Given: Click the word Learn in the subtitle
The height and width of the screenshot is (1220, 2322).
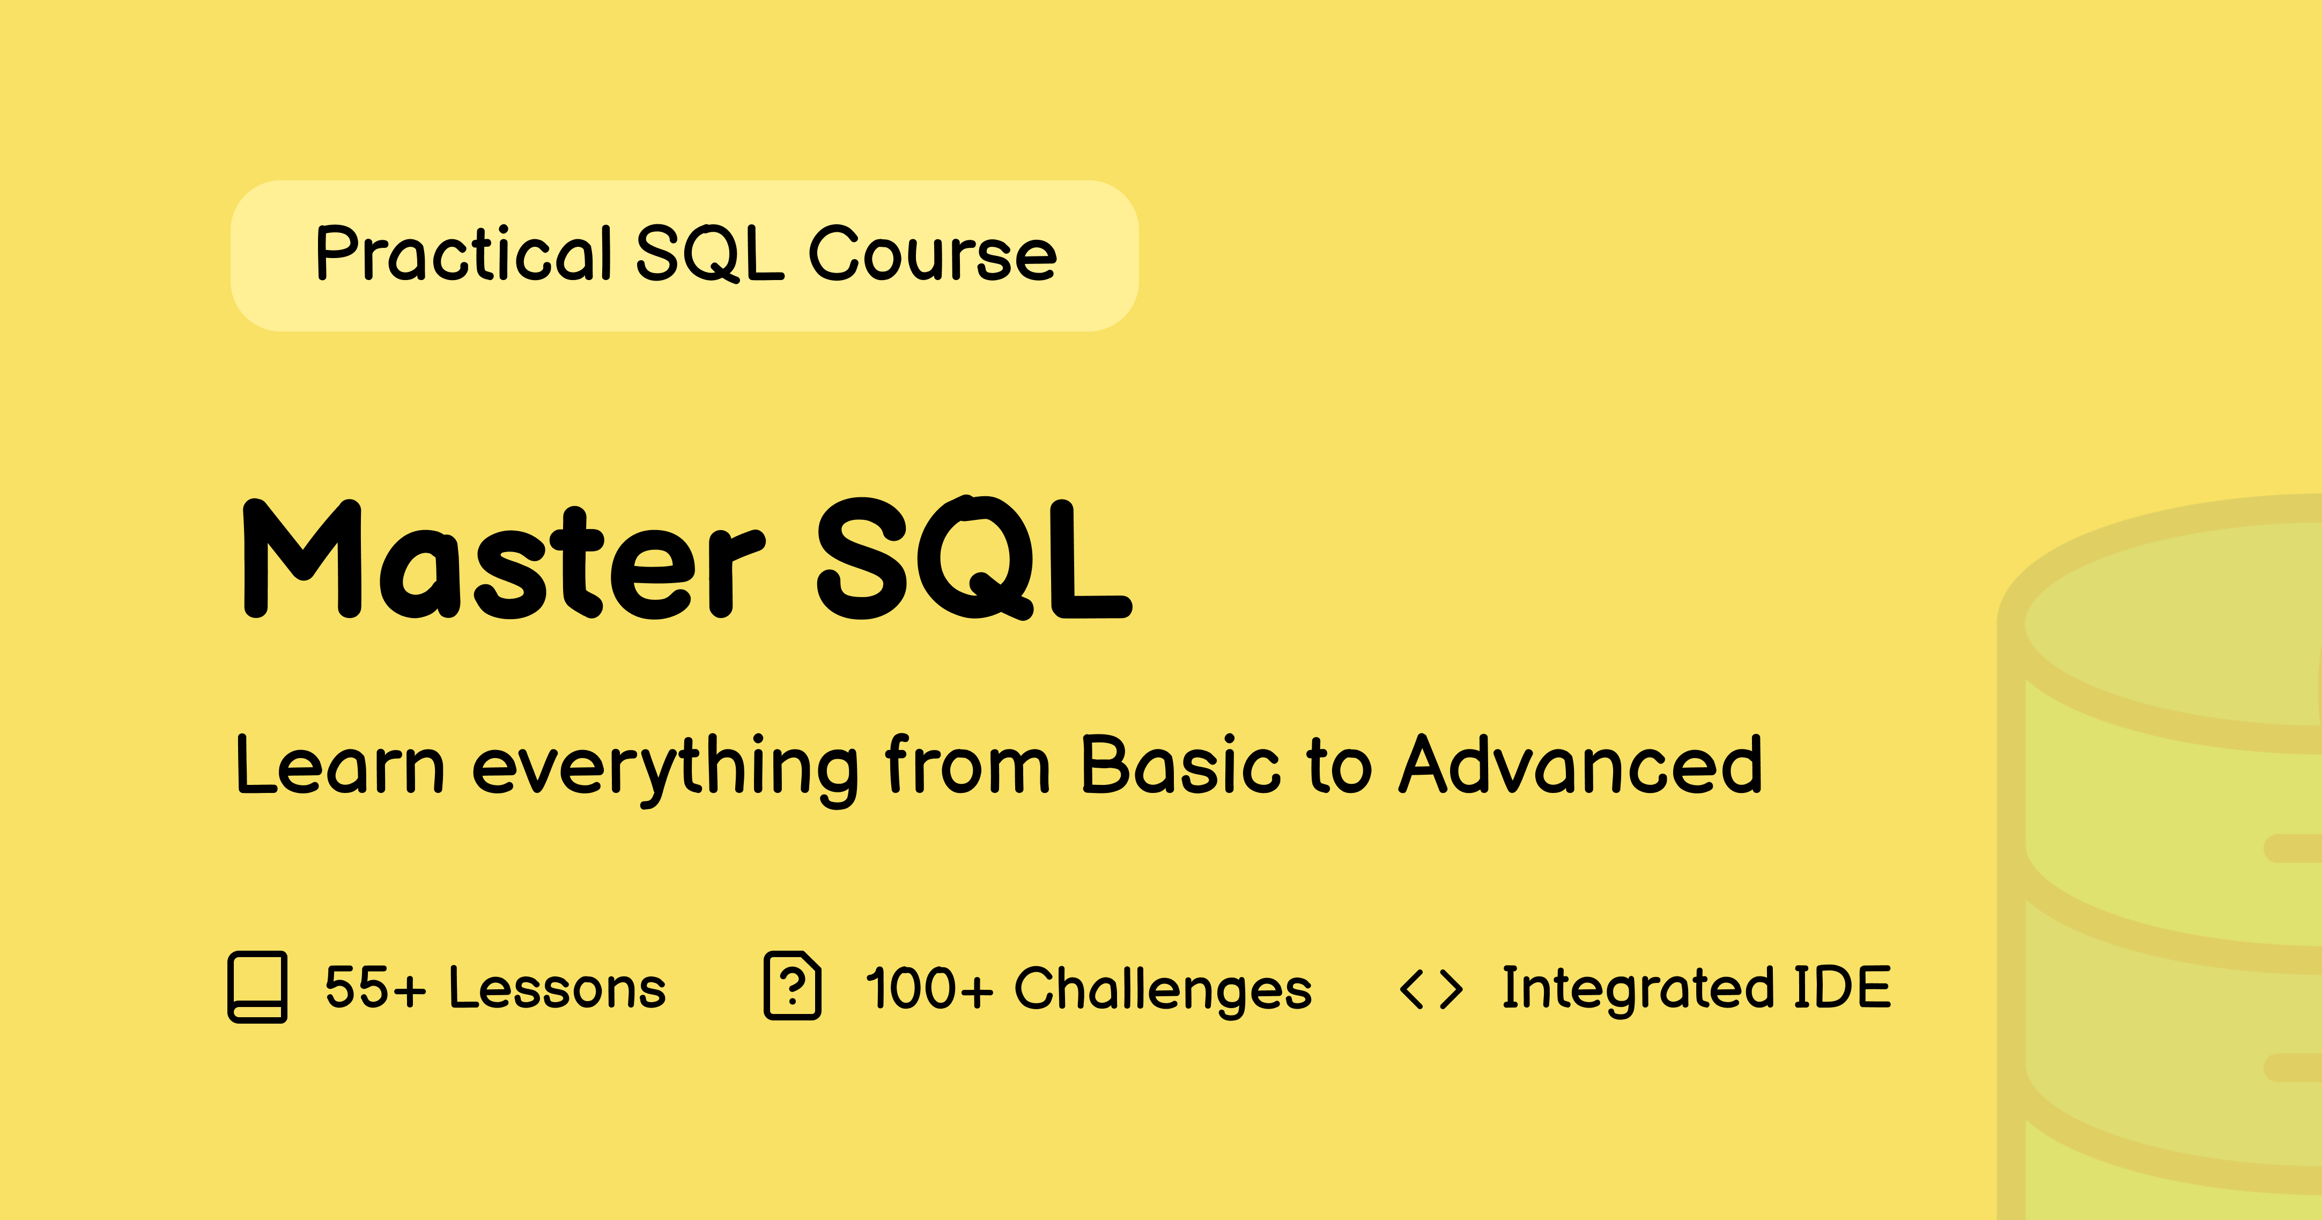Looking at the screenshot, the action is click(340, 765).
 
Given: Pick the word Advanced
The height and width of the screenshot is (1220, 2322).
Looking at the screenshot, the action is click(1581, 764).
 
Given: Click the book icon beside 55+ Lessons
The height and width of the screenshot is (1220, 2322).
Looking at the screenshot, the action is click(258, 987).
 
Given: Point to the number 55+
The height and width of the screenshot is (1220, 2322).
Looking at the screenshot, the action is click(375, 987).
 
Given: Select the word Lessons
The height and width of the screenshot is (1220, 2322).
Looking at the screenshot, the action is click(557, 987).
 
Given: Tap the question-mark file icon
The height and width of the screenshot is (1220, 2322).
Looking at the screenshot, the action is click(793, 986).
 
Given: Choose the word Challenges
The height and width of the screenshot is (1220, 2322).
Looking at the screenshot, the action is click(1163, 990).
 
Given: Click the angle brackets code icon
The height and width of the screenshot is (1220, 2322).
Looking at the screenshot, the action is click(1431, 989).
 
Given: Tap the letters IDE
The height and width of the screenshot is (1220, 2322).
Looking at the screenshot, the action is click(1843, 987).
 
